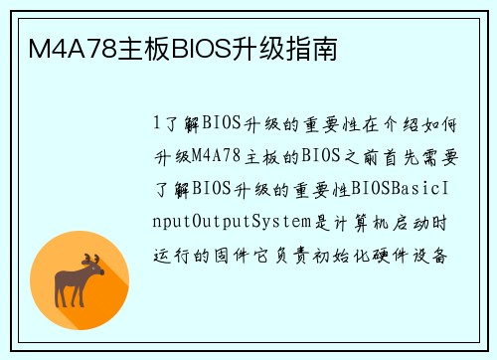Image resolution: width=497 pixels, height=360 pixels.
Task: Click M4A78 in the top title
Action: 70,47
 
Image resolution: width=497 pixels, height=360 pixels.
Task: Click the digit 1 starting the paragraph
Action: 157,123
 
